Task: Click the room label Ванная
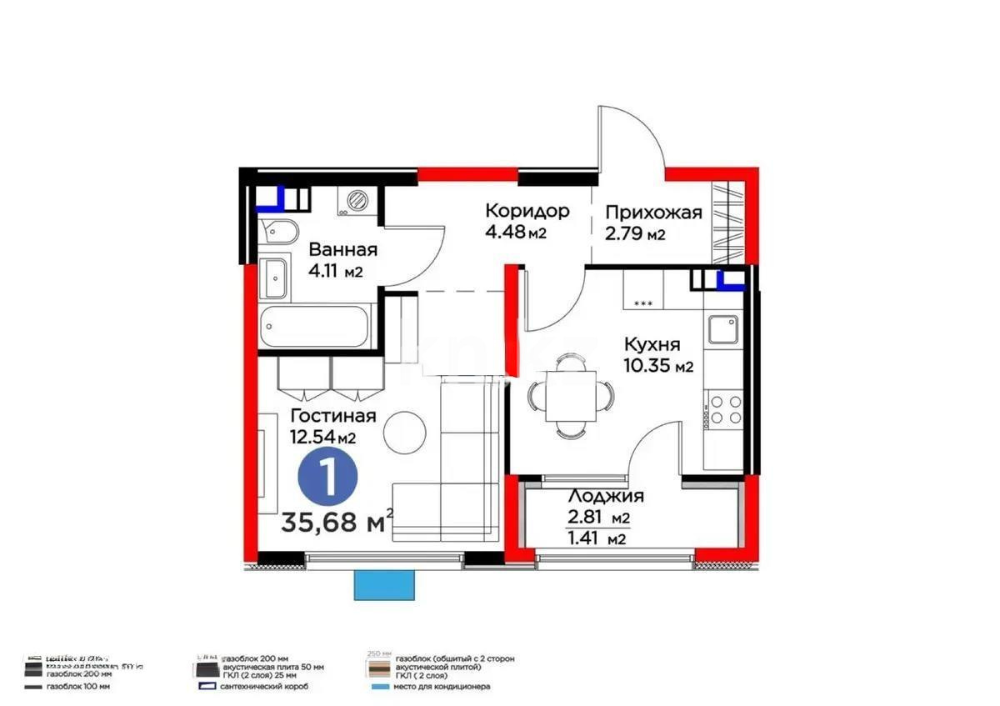click(x=342, y=249)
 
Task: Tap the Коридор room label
click(x=527, y=211)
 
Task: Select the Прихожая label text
click(x=653, y=213)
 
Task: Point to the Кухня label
click(x=652, y=344)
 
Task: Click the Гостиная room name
click(x=332, y=415)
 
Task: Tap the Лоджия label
click(x=605, y=497)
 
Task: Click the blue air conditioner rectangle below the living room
click(x=385, y=585)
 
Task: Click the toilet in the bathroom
click(x=276, y=233)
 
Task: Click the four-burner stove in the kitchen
click(x=722, y=410)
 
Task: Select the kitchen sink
click(x=722, y=331)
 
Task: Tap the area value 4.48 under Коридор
click(x=504, y=233)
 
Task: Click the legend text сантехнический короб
click(x=265, y=686)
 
